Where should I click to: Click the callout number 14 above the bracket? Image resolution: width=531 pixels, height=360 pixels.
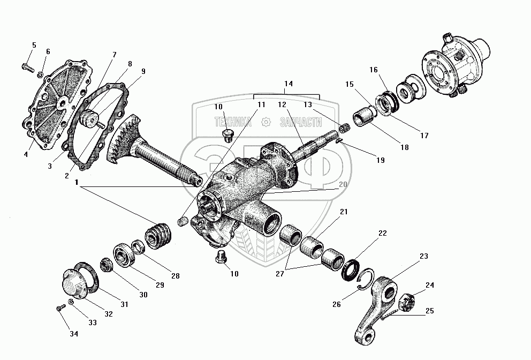click(288, 84)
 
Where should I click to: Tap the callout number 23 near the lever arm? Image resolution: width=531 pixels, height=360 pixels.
click(423, 256)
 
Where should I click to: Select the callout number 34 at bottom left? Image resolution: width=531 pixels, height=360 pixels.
click(73, 334)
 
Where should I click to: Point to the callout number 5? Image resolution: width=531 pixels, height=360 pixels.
click(34, 45)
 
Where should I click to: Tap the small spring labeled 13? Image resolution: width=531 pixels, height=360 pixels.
click(346, 129)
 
